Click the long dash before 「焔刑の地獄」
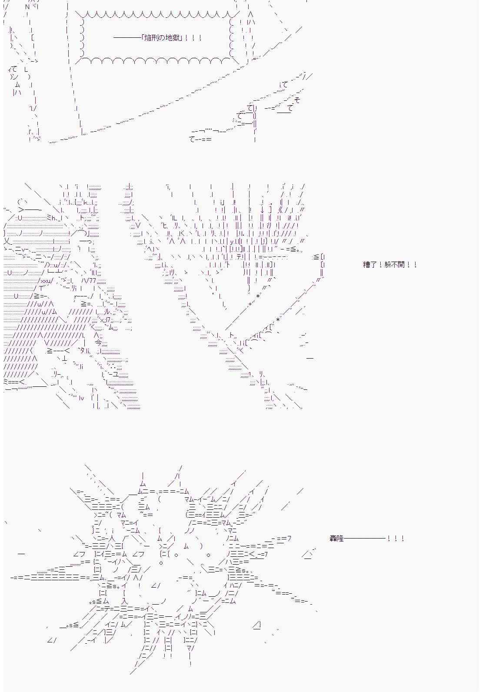coord(127,38)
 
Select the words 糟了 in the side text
coord(369,265)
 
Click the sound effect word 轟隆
coord(336,539)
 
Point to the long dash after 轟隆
coord(364,539)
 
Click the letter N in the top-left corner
coord(27,7)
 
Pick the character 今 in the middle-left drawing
coord(98,343)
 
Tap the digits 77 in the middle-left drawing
coord(92,280)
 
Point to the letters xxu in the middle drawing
coord(47,281)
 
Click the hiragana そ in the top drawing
coord(297,100)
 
